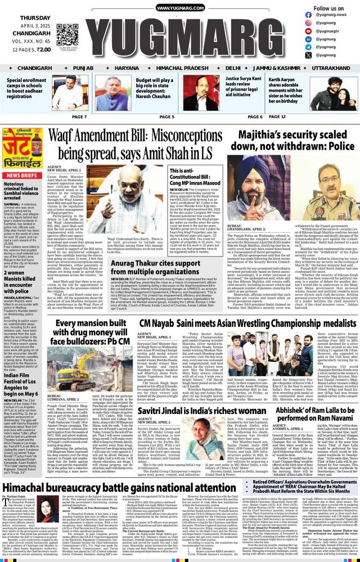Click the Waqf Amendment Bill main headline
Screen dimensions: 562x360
145,144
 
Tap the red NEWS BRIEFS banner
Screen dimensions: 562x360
21,175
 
